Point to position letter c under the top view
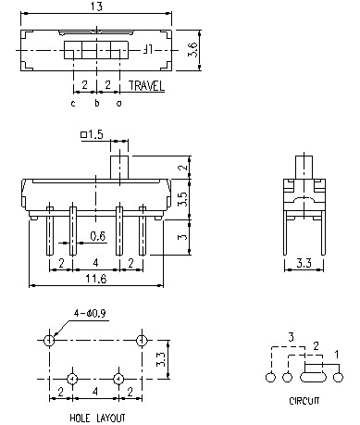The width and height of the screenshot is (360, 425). click(x=72, y=103)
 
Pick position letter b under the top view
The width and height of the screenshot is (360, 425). click(x=95, y=103)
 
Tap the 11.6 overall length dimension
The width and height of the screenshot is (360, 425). click(x=93, y=278)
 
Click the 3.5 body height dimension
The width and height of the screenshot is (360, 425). click(x=184, y=198)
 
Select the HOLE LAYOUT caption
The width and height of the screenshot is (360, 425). click(x=97, y=419)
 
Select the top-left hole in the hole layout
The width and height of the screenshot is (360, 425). click(x=48, y=341)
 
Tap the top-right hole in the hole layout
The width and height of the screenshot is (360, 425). click(x=141, y=341)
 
